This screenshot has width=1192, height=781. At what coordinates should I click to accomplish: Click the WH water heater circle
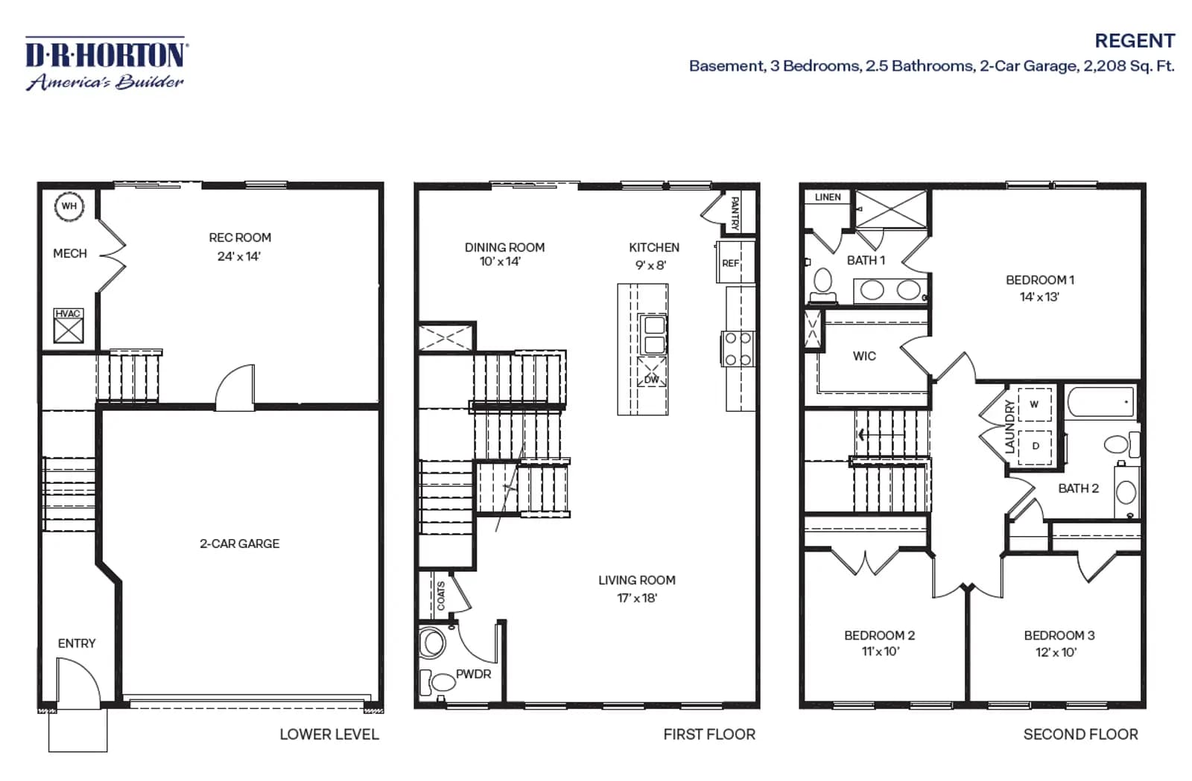coord(69,206)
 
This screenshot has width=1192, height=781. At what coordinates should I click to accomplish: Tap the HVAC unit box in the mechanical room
coord(69,325)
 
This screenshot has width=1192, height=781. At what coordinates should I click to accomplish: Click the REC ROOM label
coord(240,238)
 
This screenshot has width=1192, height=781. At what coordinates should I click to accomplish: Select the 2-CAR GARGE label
coord(239,544)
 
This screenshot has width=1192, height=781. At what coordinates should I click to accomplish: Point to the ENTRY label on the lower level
coord(77,644)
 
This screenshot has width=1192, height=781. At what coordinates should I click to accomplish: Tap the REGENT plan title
coord(1135,41)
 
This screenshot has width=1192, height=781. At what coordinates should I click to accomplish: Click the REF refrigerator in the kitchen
coord(735,262)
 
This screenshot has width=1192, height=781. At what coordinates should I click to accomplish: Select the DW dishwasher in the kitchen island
coord(652,371)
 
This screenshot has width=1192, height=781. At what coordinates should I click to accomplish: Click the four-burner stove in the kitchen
coord(738,348)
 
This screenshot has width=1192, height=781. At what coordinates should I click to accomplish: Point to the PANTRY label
coord(735,213)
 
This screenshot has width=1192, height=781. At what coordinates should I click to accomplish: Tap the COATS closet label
coord(441,596)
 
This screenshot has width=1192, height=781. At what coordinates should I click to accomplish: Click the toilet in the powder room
coord(432,643)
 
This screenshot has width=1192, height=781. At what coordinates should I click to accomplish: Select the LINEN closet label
coord(828,197)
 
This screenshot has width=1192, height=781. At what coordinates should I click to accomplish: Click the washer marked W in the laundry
coord(1035,404)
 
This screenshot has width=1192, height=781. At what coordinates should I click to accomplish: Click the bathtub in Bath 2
coord(1100,402)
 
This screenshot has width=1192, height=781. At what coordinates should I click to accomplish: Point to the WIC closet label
coord(864,356)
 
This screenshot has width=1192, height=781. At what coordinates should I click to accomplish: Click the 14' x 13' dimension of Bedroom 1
coord(1039,297)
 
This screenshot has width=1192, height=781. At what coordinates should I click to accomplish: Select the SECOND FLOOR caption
coord(1081,735)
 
